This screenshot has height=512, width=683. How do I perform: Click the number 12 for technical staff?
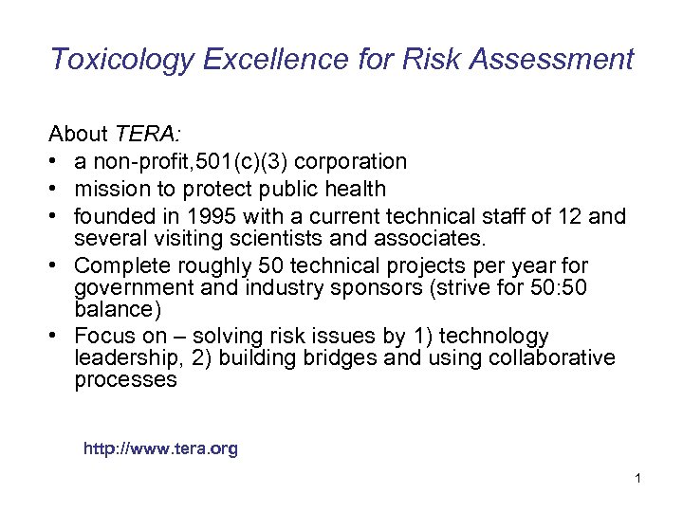pyautogui.click(x=566, y=216)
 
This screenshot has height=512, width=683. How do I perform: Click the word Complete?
pyautogui.click(x=119, y=265)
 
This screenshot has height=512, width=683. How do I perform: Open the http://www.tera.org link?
pyautogui.click(x=160, y=448)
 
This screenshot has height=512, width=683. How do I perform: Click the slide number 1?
pyautogui.click(x=638, y=478)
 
